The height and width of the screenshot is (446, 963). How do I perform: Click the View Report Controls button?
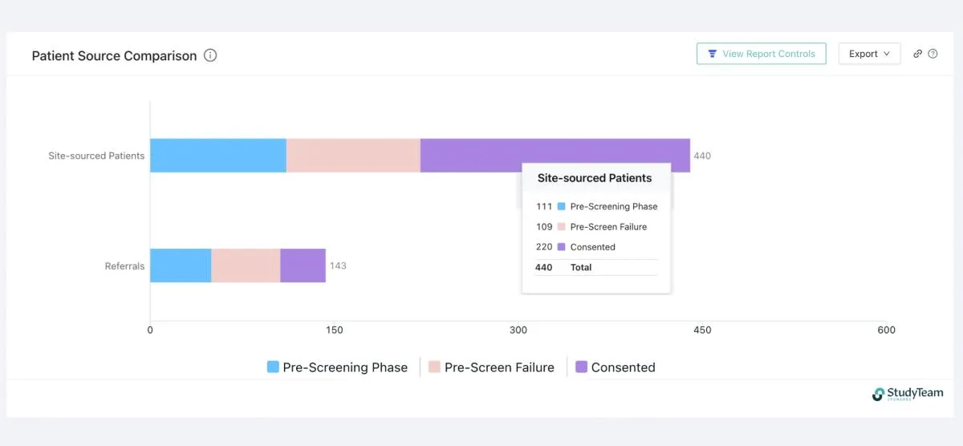tap(761, 54)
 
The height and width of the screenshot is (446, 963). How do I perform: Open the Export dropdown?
tap(869, 54)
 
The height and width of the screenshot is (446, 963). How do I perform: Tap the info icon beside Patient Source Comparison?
tap(210, 55)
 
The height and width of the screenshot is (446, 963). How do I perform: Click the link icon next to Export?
tap(918, 54)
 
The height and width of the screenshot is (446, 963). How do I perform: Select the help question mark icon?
tap(933, 54)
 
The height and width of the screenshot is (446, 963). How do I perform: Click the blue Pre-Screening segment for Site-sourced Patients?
tap(217, 156)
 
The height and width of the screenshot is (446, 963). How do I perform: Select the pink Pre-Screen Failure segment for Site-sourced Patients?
tap(353, 156)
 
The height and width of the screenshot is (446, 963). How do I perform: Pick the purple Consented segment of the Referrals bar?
tap(303, 266)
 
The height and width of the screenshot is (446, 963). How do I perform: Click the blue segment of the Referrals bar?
tap(181, 266)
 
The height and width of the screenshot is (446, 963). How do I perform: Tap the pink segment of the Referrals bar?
tap(246, 266)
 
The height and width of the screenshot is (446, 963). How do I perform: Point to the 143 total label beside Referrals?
tap(338, 266)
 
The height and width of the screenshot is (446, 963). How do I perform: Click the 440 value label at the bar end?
tap(702, 156)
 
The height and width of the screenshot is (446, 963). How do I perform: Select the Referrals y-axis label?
tap(124, 266)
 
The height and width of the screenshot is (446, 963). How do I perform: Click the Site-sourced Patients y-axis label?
tap(96, 156)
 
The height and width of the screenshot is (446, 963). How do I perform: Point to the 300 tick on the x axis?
tap(518, 330)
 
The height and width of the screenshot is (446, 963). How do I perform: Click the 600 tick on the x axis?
tap(886, 330)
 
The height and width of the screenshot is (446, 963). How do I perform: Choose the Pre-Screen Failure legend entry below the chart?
tap(491, 367)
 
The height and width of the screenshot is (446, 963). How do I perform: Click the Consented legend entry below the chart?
tap(615, 367)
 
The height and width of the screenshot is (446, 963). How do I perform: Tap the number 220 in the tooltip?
tap(544, 247)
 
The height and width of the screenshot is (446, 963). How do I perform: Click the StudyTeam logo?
tap(908, 394)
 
